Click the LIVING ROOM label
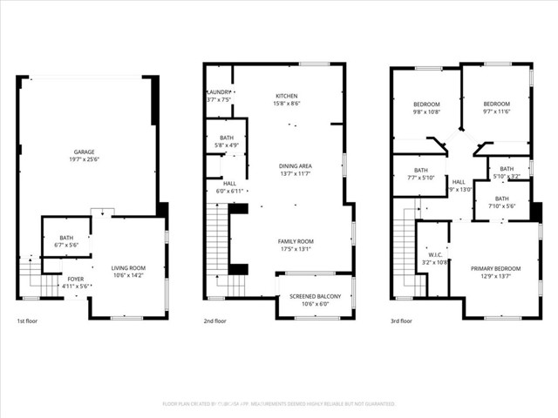(x=128, y=267)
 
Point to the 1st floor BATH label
(x=66, y=238)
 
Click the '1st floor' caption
(x=29, y=321)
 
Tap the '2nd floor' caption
(x=215, y=321)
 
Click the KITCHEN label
(x=288, y=96)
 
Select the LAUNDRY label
(x=218, y=92)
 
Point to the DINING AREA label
(x=295, y=165)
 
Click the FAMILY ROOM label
(x=296, y=240)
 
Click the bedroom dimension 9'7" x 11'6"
(x=496, y=111)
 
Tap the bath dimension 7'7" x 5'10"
(x=421, y=178)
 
